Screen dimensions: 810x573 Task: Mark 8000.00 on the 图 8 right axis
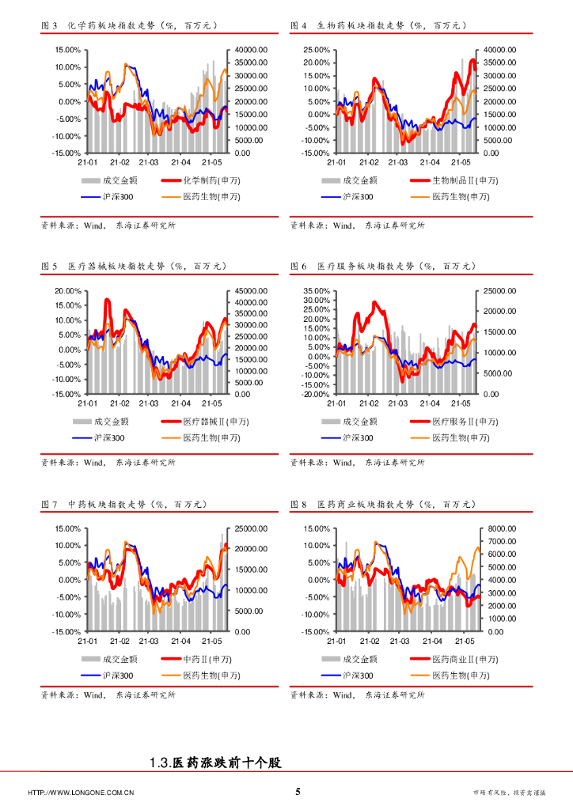499,528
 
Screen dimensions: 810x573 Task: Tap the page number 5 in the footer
298,792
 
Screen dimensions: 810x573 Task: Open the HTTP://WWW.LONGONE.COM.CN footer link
81,793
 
